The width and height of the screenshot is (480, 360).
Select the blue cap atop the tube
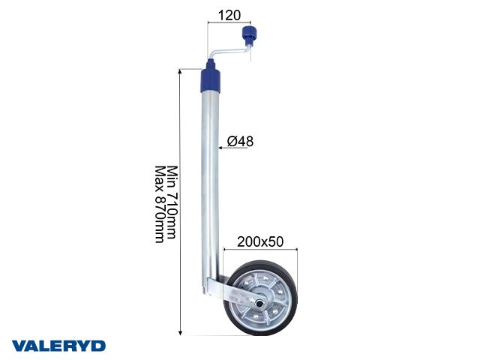211,79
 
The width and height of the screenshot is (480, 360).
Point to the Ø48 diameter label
239,141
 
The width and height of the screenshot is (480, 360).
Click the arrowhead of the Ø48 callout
223,148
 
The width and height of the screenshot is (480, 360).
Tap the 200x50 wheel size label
259,241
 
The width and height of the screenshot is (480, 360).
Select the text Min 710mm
171,202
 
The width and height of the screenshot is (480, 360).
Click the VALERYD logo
58,345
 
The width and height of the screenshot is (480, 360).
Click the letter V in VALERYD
18,345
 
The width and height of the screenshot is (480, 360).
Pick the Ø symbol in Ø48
231,141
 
